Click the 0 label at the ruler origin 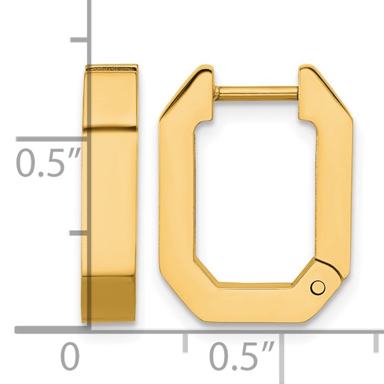coord(70,356)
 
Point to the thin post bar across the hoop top coord(256,90)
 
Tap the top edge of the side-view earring coord(111,68)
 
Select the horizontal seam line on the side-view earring coord(111,128)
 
